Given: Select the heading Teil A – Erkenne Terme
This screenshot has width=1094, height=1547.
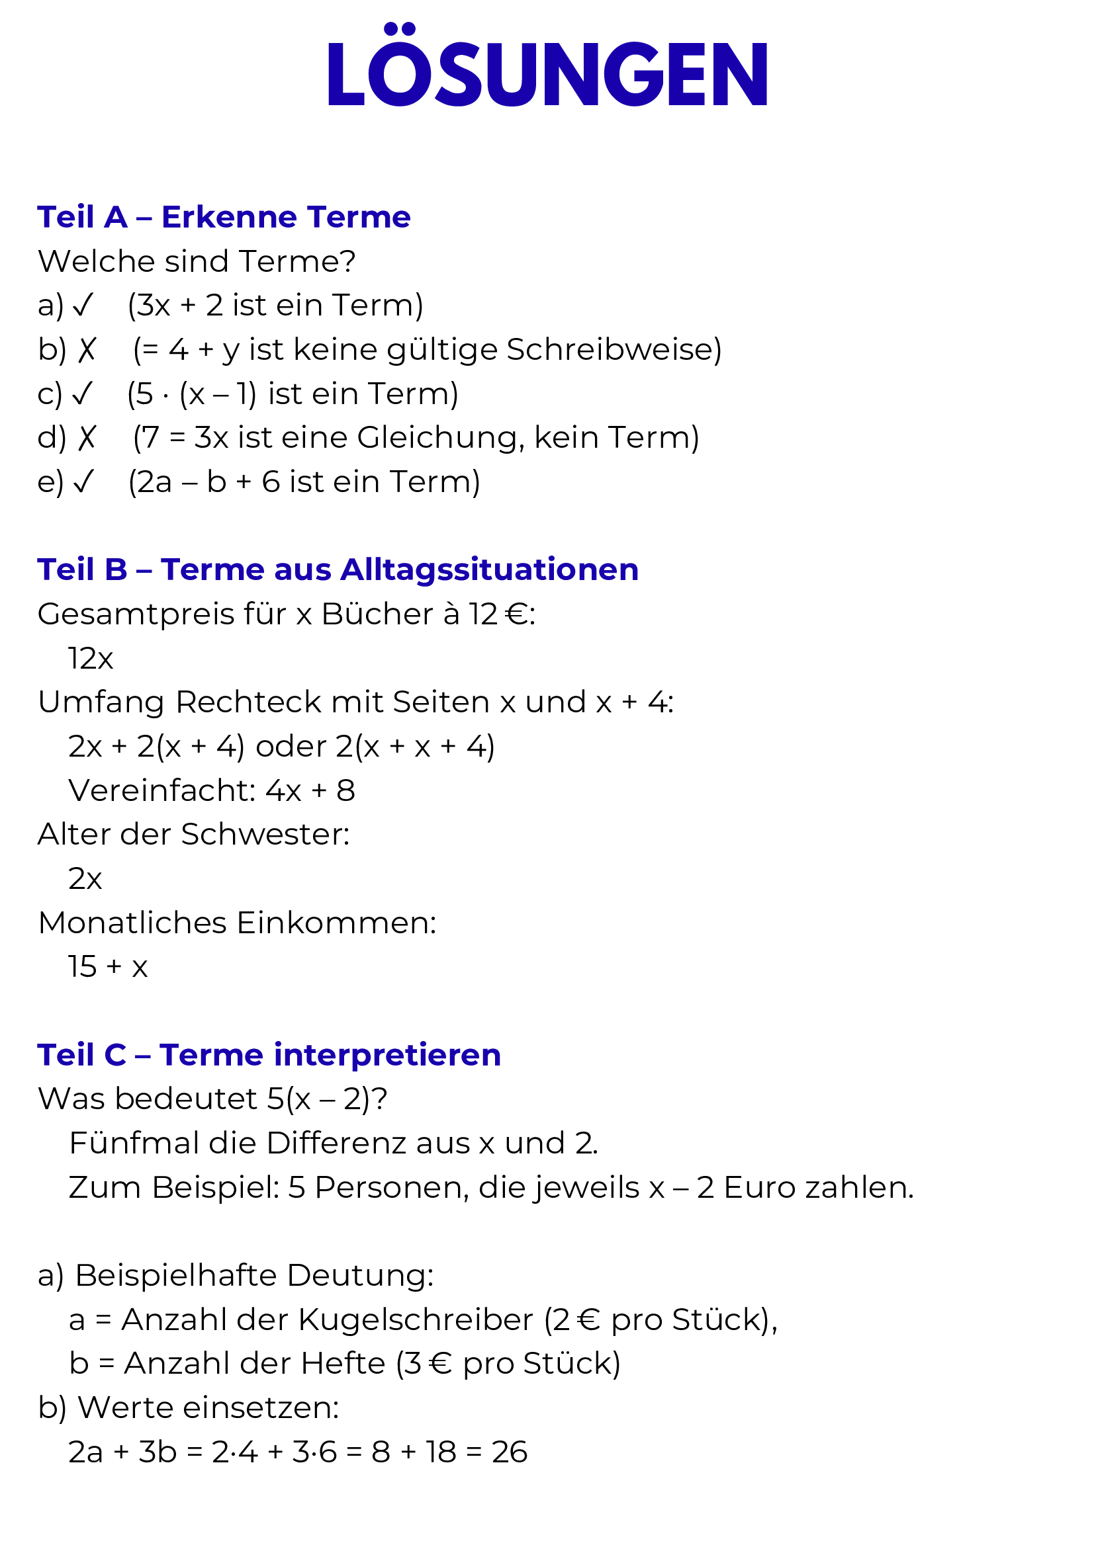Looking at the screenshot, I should [x=224, y=217].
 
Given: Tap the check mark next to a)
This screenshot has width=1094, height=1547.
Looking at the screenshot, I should [x=83, y=306].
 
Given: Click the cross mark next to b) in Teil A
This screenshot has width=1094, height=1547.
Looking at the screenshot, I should [x=86, y=351].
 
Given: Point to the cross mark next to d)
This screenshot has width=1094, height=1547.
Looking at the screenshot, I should [x=86, y=439].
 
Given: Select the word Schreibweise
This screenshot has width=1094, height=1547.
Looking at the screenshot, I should [x=613, y=350].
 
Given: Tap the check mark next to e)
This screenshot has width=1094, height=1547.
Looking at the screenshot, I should [x=83, y=482].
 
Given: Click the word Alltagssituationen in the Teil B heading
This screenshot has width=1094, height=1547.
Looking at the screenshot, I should [x=489, y=569].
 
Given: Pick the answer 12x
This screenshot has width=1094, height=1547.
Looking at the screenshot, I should [x=90, y=658].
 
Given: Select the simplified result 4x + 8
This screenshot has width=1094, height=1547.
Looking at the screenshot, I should [x=310, y=790].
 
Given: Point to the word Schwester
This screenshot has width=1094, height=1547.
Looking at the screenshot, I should [x=265, y=835].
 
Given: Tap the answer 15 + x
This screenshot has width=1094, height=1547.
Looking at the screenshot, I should [x=108, y=967].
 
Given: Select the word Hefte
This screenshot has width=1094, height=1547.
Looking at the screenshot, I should [x=343, y=1364].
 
